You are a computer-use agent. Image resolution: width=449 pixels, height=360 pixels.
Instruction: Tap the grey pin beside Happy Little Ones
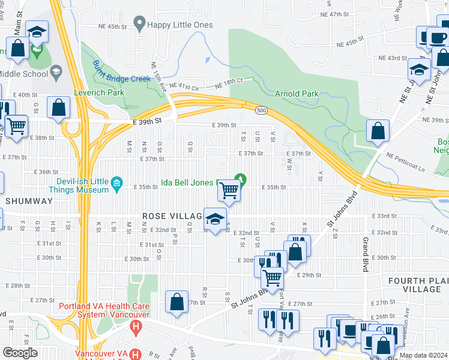click(140, 24)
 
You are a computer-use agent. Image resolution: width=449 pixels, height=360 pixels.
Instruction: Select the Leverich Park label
click(99, 93)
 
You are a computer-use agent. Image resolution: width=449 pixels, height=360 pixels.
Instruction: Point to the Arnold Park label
click(297, 94)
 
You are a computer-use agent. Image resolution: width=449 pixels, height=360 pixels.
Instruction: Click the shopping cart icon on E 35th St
click(229, 191)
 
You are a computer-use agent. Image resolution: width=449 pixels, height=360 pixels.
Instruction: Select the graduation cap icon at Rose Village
click(215, 218)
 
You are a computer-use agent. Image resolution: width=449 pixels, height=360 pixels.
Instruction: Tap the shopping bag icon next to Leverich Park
click(59, 109)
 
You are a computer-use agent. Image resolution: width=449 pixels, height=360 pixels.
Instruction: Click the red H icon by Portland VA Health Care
click(136, 328)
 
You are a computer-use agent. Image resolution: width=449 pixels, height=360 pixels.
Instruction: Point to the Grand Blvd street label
click(364, 254)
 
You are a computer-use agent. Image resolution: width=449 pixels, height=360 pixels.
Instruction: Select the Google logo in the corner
click(19, 353)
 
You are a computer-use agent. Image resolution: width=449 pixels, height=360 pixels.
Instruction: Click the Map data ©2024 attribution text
click(423, 355)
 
